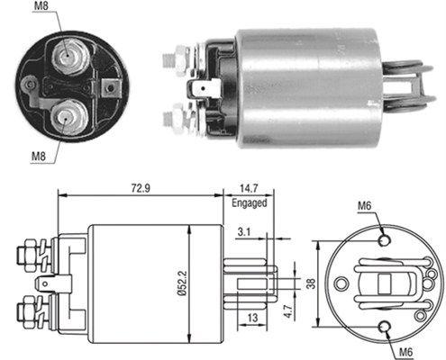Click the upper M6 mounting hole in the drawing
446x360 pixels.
[x=386, y=240]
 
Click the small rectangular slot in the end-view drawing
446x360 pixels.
[x=383, y=285]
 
